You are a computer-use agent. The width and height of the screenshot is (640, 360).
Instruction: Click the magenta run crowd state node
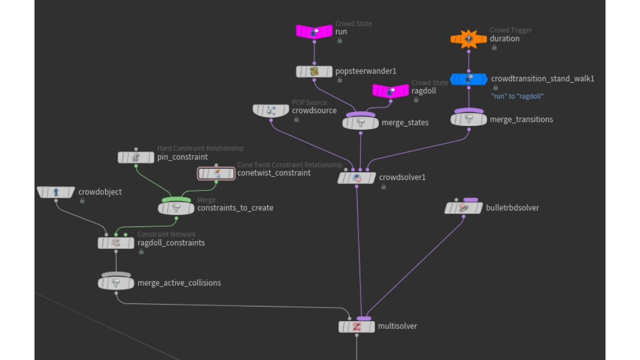314,32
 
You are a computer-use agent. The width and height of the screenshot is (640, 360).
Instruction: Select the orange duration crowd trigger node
468,39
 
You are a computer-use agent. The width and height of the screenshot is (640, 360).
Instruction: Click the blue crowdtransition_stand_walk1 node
468,79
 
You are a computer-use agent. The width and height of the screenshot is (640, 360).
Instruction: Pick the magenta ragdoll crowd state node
390,91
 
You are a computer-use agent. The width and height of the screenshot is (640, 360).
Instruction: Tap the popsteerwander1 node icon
314,71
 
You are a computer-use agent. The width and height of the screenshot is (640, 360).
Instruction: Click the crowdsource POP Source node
271,110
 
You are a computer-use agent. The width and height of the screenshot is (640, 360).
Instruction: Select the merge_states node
360,122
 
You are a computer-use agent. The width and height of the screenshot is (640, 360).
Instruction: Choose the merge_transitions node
468,119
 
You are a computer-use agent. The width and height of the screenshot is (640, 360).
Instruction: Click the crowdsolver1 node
356,177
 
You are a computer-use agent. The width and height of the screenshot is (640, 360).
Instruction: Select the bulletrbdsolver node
463,207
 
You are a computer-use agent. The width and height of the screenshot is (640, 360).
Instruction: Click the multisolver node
356,326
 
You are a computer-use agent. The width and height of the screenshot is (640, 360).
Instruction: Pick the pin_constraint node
136,157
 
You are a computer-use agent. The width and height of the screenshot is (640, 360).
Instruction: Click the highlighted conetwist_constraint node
216,173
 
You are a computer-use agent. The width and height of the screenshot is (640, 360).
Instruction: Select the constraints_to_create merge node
176,208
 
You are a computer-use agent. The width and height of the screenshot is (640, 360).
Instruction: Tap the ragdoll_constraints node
116,243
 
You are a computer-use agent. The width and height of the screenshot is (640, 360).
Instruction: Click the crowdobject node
56,192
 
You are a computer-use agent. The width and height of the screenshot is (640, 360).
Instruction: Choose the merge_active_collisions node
116,283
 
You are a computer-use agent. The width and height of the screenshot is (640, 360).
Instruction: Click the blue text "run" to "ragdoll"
517,96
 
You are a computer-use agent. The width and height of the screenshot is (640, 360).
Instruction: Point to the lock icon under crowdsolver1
383,187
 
